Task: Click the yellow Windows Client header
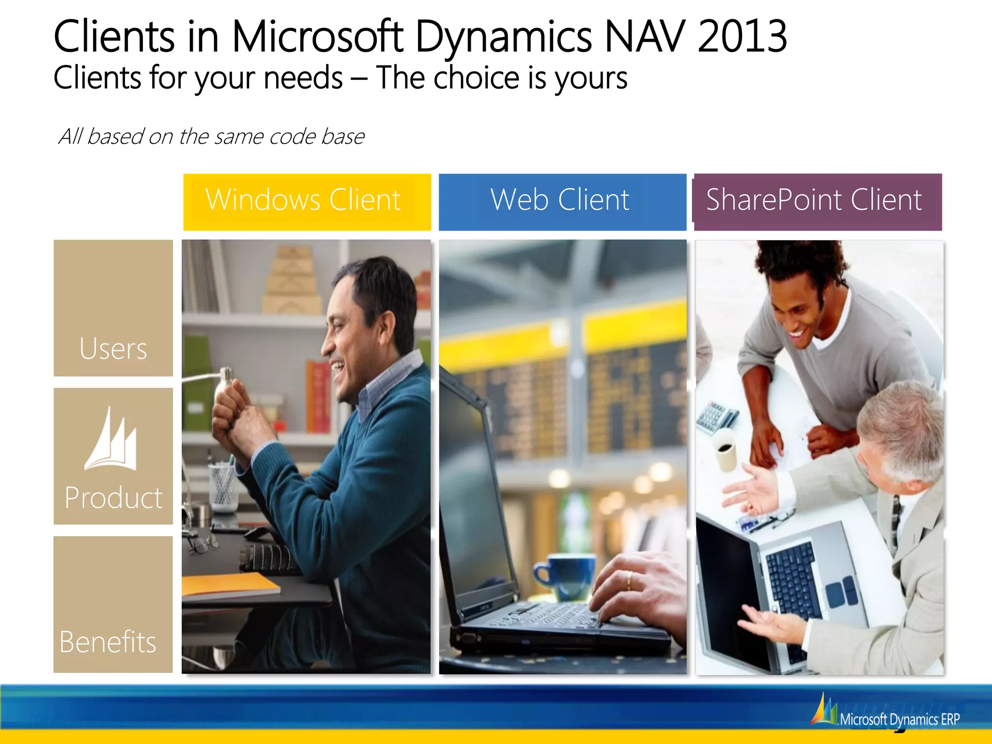[x=307, y=201]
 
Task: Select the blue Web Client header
[x=562, y=201]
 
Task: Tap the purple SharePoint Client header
[x=818, y=201]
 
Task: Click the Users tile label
[x=113, y=349]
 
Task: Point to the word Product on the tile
[x=113, y=497]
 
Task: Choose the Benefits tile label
[x=108, y=642]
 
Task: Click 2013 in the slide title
[x=742, y=36]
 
